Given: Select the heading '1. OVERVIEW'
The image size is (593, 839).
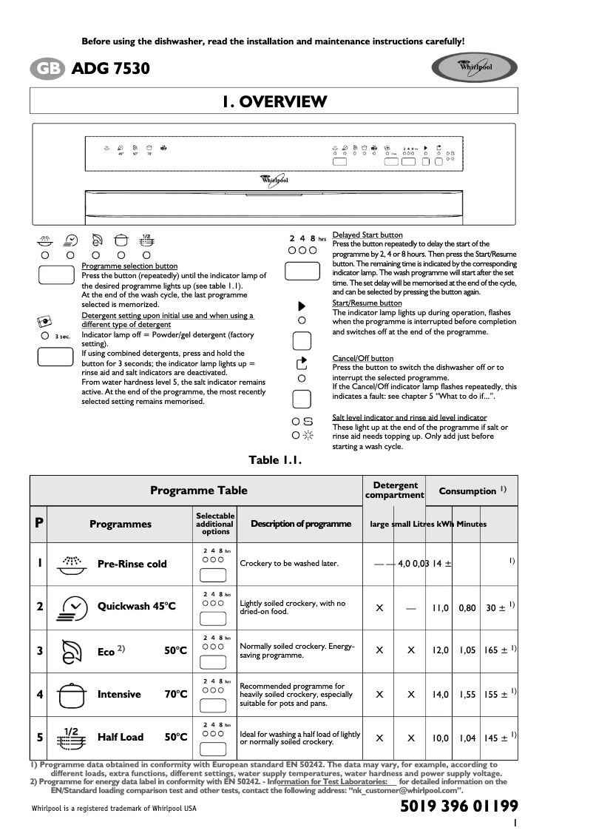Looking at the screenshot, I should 274,101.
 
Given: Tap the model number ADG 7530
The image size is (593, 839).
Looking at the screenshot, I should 111,69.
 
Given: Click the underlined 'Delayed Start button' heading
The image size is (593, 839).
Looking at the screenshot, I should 367,235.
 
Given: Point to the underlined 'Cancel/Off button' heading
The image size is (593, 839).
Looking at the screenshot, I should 363,359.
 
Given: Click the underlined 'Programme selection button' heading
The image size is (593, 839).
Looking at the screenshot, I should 129,266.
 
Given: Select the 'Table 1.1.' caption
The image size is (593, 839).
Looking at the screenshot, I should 275,460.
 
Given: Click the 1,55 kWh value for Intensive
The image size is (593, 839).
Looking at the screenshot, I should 467,695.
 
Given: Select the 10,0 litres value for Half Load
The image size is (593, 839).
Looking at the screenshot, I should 441,738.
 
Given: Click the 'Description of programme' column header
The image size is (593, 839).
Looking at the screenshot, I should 301,524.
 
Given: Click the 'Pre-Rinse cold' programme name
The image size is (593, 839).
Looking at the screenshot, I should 132,564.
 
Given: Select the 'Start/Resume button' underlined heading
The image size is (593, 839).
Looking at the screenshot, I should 367,303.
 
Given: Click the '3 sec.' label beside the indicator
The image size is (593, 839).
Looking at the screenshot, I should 63,337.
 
